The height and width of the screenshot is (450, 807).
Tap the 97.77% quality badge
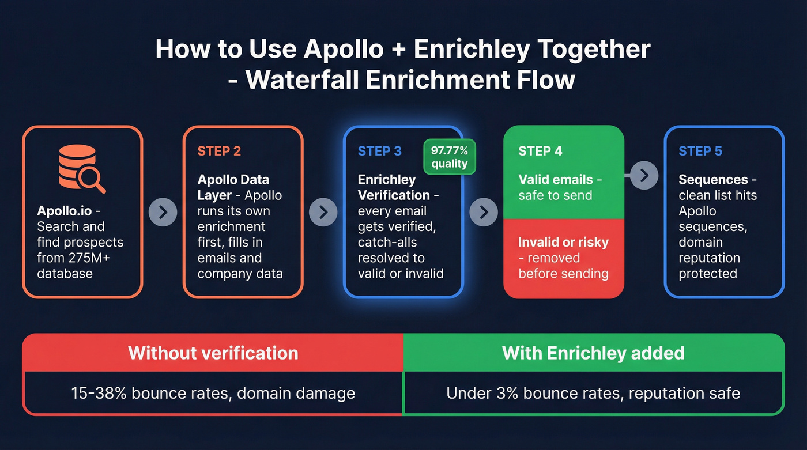[450, 157]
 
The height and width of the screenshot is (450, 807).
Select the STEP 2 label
[219, 152]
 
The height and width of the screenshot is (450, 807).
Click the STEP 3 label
[379, 152]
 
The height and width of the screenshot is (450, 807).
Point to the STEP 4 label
[540, 152]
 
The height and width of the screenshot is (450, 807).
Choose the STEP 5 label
[700, 152]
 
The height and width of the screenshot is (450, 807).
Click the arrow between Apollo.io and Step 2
[163, 212]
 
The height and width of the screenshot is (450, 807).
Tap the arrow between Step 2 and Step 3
[323, 212]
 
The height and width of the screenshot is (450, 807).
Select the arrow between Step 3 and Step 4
[484, 212]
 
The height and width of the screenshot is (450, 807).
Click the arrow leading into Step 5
[644, 175]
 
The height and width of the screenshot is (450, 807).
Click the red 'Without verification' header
[213, 353]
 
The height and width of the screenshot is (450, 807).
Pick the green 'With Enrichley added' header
[593, 353]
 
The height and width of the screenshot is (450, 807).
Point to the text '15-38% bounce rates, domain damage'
[213, 394]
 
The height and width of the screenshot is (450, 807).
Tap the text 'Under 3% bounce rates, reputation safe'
[593, 394]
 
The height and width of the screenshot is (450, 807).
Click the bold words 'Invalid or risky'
[563, 242]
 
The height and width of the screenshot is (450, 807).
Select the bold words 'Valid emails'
[556, 180]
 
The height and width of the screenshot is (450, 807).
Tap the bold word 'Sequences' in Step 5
[713, 180]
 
